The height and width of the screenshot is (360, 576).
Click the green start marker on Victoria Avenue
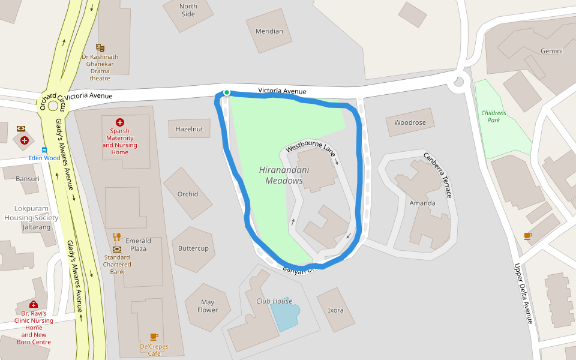click(226, 92)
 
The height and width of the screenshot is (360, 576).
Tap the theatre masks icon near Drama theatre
click(100, 47)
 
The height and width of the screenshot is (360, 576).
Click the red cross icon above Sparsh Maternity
click(120, 122)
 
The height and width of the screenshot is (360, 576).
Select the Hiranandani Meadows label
click(284, 175)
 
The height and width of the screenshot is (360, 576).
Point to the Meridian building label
click(269, 31)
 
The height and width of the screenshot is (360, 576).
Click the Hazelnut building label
click(189, 129)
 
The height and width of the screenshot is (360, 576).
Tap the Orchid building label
click(188, 194)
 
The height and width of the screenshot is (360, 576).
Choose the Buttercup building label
click(193, 248)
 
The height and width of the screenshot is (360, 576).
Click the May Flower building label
click(208, 306)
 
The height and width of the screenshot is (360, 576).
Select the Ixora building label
click(335, 310)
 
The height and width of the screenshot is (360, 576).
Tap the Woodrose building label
click(410, 122)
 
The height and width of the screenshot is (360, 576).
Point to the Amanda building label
click(422, 203)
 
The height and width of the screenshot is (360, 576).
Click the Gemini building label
click(551, 51)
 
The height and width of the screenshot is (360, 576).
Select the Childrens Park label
click(494, 116)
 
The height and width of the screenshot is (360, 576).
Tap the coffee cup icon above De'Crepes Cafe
click(154, 337)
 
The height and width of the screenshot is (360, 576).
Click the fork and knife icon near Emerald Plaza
click(117, 236)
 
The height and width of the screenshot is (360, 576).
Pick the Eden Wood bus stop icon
click(44, 149)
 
